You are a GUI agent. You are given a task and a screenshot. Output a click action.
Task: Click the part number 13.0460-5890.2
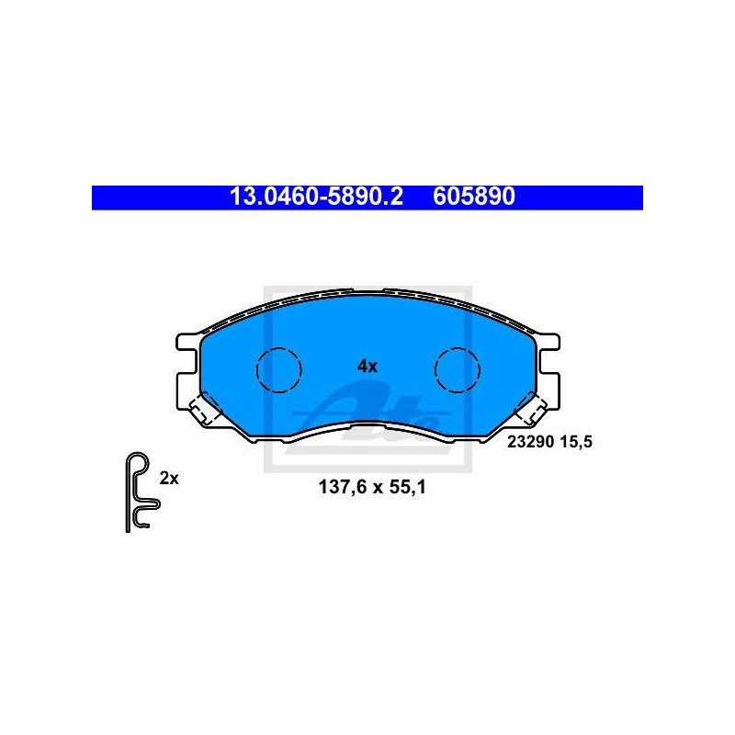tap(316, 197)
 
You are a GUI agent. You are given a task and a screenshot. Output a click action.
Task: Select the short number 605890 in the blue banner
tap(474, 197)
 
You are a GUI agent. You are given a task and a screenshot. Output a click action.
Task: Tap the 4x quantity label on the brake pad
tap(367, 366)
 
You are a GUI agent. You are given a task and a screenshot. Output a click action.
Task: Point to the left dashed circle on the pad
tap(279, 370)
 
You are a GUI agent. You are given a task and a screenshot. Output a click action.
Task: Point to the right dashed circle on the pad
tap(457, 370)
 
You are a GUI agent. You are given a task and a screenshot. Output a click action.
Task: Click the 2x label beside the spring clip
tap(169, 479)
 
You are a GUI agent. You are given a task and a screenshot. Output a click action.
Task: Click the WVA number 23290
tap(530, 442)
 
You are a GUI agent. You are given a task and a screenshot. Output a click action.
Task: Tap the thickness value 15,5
tap(576, 442)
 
